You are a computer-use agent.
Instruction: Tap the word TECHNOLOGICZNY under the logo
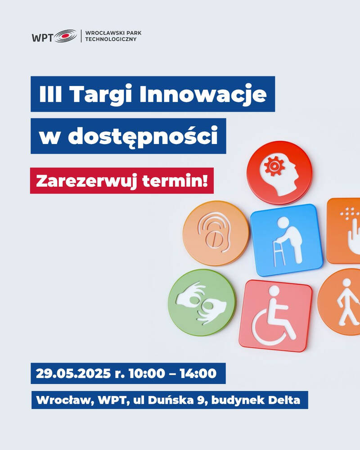coord(111,39)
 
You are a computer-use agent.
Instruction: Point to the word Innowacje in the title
coord(203,94)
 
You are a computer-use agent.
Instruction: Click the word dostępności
coord(143,136)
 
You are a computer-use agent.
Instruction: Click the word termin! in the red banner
coord(175,181)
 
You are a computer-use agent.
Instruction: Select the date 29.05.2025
coord(73,373)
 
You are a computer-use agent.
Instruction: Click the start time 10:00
coord(147,373)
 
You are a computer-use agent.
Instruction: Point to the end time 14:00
coord(198,373)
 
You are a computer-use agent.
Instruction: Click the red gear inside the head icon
coord(274,166)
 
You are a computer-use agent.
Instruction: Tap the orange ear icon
coord(216,233)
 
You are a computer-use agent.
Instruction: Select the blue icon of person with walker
coord(287,240)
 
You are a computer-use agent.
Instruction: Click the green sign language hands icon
coord(202,302)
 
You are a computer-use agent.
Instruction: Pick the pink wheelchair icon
coord(275,316)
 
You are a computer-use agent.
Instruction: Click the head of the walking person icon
coord(347,283)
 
